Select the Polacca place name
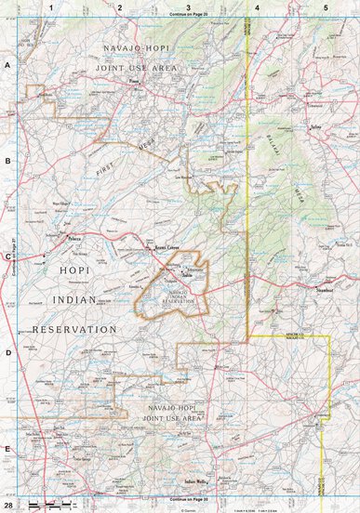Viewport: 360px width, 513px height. pyautogui.click(x=75, y=239)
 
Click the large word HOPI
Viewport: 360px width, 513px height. pyautogui.click(x=75, y=270)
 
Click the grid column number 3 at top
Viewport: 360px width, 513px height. pyautogui.click(x=188, y=7)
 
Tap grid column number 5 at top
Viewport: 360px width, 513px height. pyautogui.click(x=326, y=7)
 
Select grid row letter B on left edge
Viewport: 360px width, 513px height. pyautogui.click(x=8, y=161)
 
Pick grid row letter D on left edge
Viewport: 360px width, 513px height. pyautogui.click(x=8, y=352)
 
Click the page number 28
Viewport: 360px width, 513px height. pyautogui.click(x=8, y=505)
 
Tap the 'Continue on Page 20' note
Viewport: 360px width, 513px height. pyautogui.click(x=188, y=16)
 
